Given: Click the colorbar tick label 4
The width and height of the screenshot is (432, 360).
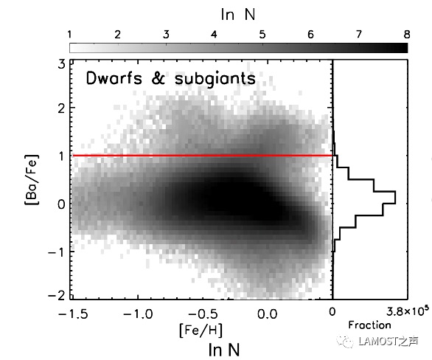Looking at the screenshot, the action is point(214,35).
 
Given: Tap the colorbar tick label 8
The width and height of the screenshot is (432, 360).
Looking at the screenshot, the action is point(407,35).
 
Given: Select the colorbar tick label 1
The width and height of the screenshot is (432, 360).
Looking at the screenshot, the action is point(69,35).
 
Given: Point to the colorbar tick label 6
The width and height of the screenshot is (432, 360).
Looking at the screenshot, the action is point(310,35).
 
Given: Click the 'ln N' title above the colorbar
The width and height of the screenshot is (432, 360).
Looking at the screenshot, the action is point(238,14).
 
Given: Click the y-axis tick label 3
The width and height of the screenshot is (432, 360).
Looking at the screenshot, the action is point(62,64).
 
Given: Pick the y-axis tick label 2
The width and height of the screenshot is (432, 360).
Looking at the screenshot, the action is point(62,108).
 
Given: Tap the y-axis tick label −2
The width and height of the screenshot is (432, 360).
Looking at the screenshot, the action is point(57,295).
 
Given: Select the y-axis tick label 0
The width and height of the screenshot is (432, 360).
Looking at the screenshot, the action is point(62,204).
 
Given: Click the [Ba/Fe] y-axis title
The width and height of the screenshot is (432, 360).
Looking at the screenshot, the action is point(32,180).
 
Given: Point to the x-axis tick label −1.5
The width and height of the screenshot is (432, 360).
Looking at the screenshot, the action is point(73,314).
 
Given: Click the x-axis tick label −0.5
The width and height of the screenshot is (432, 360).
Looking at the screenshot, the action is point(203,314).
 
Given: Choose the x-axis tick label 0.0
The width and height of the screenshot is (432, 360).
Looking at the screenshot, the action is point(268,314).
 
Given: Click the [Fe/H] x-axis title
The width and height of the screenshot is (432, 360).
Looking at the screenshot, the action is point(201,330).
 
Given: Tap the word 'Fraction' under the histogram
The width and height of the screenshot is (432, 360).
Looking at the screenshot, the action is point(369,325).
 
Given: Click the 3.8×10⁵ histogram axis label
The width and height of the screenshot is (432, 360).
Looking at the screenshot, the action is point(407,311).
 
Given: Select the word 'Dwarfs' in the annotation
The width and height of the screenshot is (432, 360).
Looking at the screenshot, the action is point(114,77).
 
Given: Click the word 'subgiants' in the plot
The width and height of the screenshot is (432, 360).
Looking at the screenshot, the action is point(215,79).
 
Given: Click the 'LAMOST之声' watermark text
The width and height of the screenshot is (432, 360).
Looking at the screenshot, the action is point(389,342).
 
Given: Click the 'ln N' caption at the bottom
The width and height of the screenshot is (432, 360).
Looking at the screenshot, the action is point(224,350).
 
